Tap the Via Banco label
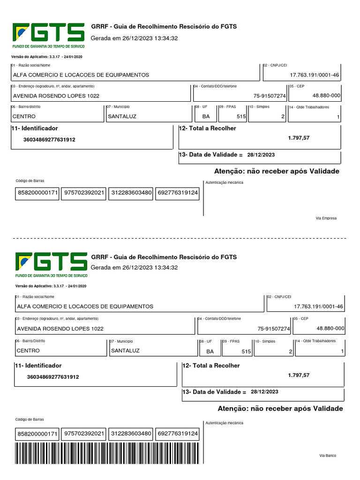328,456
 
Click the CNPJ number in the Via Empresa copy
315,75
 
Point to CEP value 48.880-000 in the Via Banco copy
330,328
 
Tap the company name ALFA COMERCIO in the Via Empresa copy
81,75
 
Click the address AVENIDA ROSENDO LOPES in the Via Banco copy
60,329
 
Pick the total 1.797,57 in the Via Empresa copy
299,138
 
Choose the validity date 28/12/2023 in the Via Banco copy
264,391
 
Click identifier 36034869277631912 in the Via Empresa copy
49,140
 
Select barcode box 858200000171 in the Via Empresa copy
37,193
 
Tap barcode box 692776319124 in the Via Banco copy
177,434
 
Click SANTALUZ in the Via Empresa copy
122,116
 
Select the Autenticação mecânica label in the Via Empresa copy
225,182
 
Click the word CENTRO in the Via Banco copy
28,351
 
